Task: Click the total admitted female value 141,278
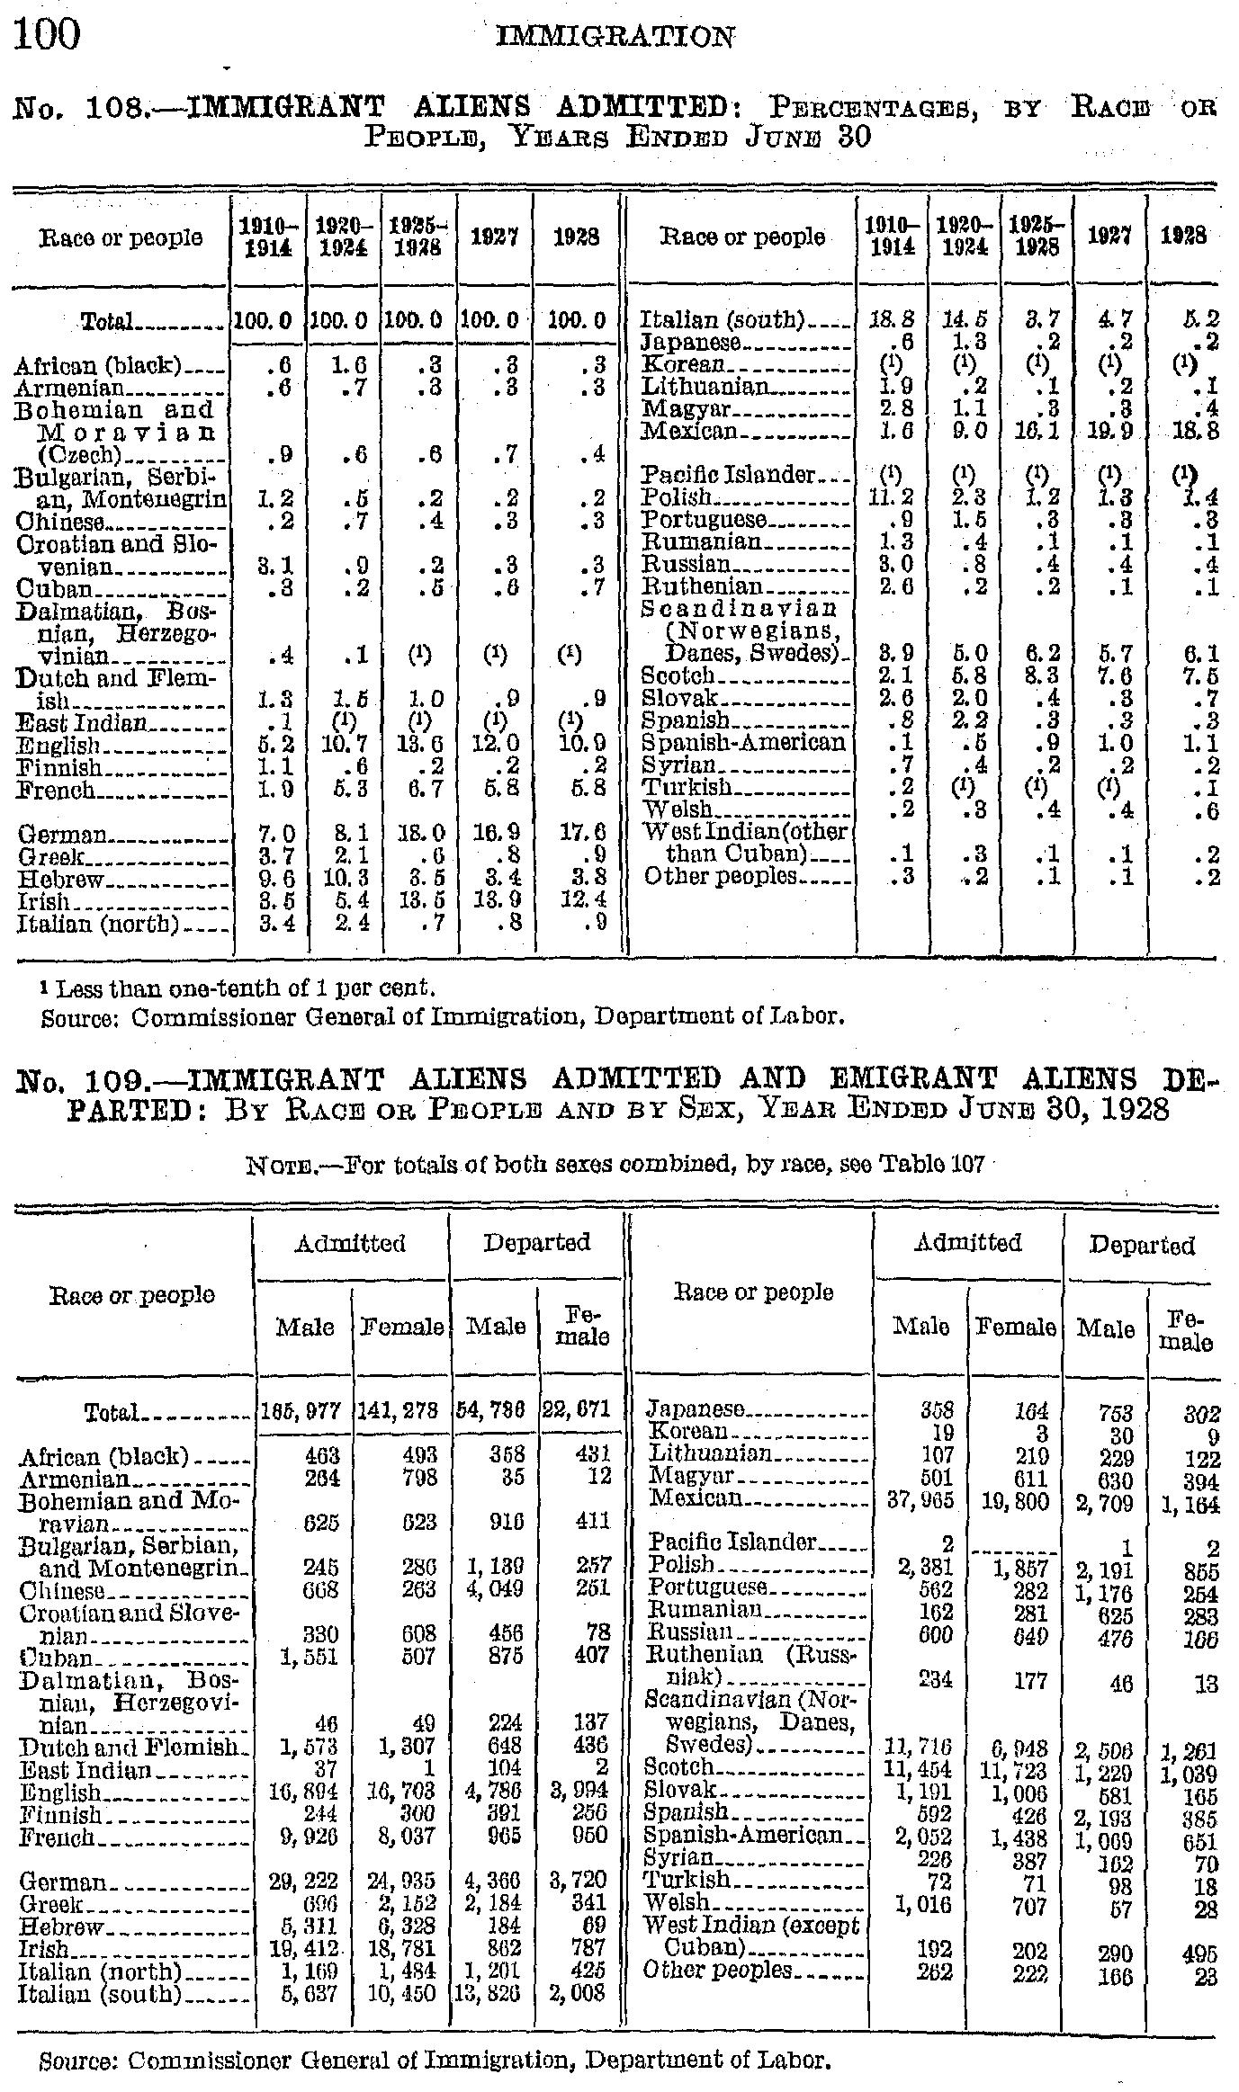tap(401, 1412)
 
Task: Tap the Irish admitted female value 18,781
tap(403, 1949)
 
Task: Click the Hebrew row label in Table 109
tap(60, 1927)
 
